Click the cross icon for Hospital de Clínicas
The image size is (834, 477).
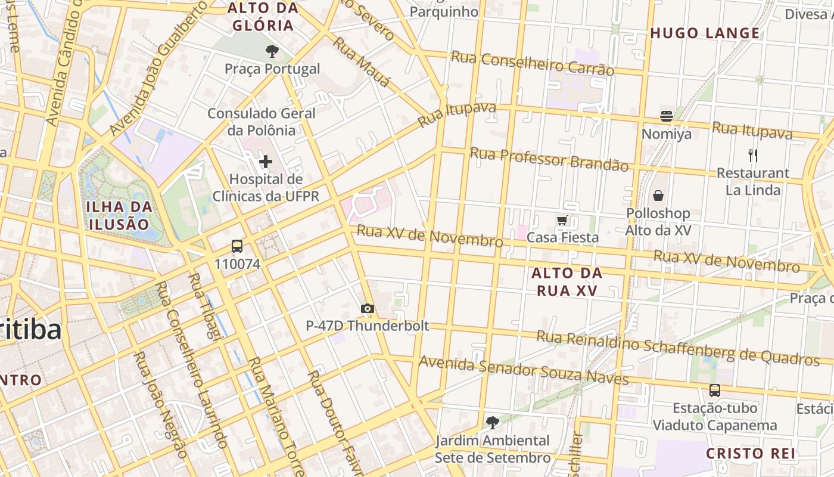pyautogui.click(x=265, y=162)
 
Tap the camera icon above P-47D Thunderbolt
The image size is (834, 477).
pyautogui.click(x=368, y=308)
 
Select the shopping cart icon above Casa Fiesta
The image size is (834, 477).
pyautogui.click(x=562, y=221)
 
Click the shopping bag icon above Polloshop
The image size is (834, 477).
pyautogui.click(x=658, y=196)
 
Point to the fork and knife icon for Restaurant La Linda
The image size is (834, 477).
pyautogui.click(x=753, y=156)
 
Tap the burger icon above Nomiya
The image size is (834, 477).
pyautogui.click(x=666, y=116)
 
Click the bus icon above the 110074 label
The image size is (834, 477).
pyautogui.click(x=237, y=246)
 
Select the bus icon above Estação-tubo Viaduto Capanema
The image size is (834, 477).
pyautogui.click(x=714, y=391)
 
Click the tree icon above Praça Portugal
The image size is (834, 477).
pyautogui.click(x=272, y=51)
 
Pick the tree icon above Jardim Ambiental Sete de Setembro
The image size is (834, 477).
pyautogui.click(x=492, y=423)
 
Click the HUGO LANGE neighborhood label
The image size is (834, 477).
pyautogui.click(x=705, y=33)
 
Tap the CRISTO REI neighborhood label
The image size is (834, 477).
pyautogui.click(x=751, y=454)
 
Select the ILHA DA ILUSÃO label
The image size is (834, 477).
pyautogui.click(x=119, y=216)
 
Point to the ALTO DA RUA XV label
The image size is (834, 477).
pyautogui.click(x=567, y=282)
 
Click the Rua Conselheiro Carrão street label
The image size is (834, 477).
pyautogui.click(x=532, y=63)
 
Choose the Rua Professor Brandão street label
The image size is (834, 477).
pyautogui.click(x=549, y=159)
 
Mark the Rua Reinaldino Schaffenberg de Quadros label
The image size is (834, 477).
pyautogui.click(x=678, y=348)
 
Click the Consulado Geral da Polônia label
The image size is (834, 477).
pyautogui.click(x=261, y=122)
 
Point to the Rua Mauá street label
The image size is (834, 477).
pyautogui.click(x=361, y=62)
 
